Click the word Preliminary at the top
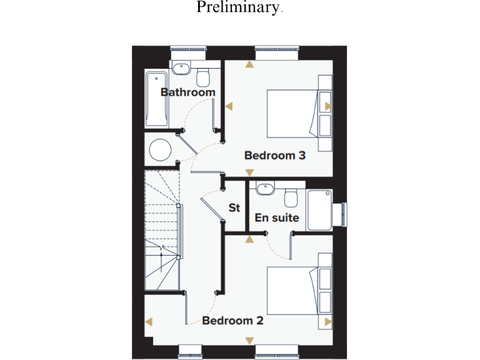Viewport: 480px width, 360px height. (x=237, y=8)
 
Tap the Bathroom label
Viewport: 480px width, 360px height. (x=187, y=92)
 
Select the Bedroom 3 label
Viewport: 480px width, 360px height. (x=274, y=155)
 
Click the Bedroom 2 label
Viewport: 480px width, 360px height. (x=232, y=321)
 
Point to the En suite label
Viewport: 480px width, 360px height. (x=276, y=218)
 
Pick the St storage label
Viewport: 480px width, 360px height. (x=234, y=208)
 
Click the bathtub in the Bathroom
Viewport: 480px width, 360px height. (x=156, y=98)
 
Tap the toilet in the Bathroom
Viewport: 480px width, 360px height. (x=202, y=77)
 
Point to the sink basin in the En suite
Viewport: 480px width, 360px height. (x=264, y=187)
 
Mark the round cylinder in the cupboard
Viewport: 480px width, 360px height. (x=161, y=150)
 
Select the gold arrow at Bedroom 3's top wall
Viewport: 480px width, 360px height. (x=249, y=63)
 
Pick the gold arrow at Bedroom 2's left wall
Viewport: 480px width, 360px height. (x=149, y=321)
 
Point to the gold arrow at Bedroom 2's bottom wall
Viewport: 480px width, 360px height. (x=249, y=341)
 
